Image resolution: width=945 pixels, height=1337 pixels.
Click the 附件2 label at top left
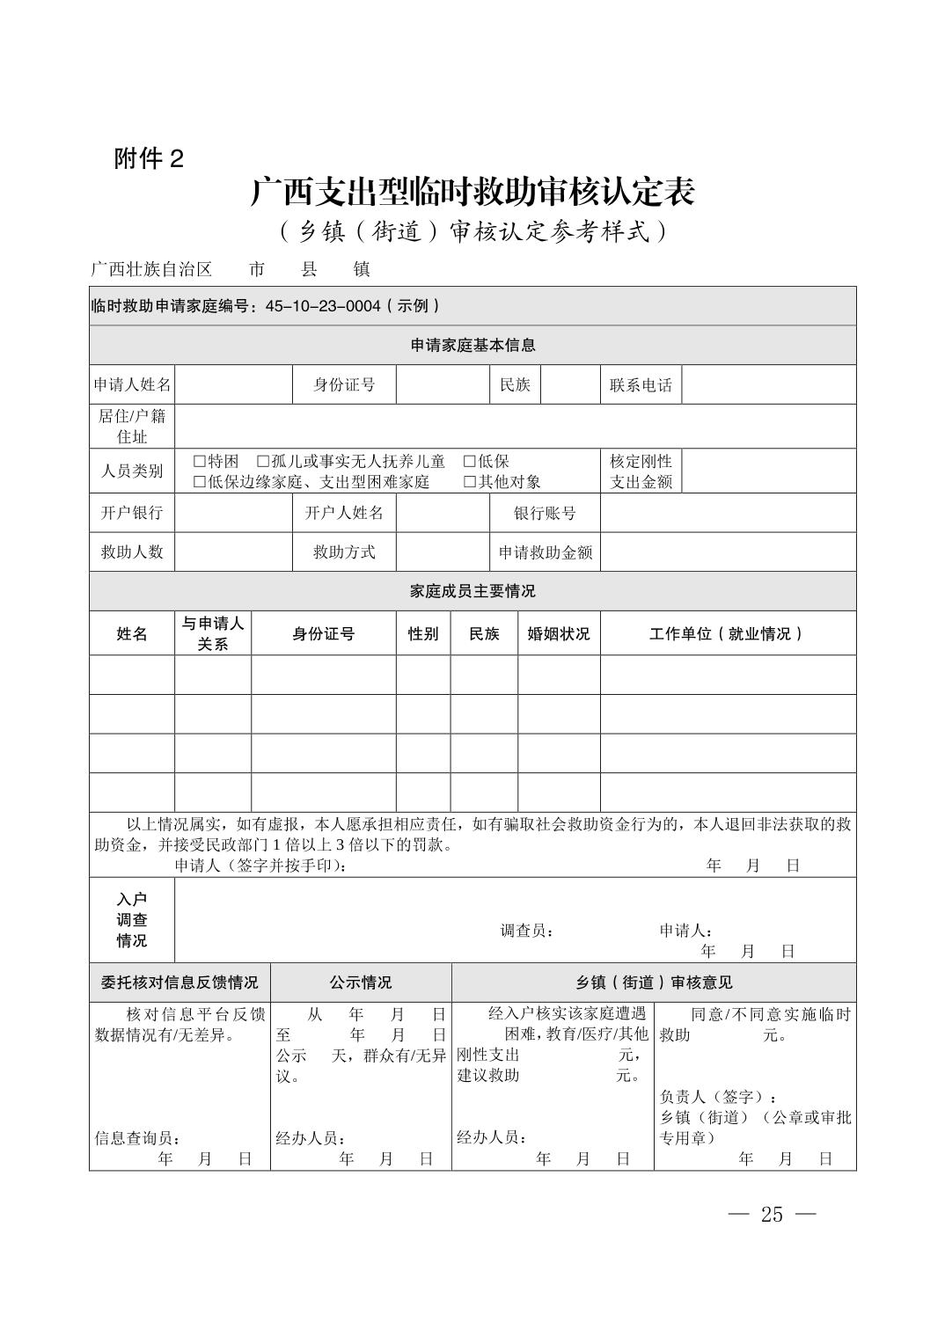pos(149,159)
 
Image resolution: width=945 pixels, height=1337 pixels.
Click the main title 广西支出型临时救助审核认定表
pos(472,192)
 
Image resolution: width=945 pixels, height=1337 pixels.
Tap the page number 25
pos(772,1215)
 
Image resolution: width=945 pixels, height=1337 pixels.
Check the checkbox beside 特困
pos(200,462)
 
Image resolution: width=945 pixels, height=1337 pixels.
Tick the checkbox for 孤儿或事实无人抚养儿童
pos(263,462)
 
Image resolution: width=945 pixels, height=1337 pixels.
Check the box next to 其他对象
pos(470,482)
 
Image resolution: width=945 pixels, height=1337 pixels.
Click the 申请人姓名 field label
pos(132,385)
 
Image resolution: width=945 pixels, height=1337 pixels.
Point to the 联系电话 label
pos(641,385)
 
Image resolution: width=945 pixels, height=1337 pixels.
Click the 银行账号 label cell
pos(545,513)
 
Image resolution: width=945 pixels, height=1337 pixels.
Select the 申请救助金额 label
pos(545,552)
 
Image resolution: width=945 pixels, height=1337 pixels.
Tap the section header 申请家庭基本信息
pos(472,346)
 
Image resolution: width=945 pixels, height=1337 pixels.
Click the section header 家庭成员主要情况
pos(472,591)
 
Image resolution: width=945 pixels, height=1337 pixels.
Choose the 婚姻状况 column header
pos(558,634)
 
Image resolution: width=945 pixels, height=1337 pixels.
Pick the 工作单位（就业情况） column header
pos(727,634)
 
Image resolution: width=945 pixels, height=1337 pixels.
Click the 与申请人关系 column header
pos(212,633)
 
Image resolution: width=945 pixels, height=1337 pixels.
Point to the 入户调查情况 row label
pos(132,920)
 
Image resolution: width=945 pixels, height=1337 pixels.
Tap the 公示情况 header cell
pos(361,983)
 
